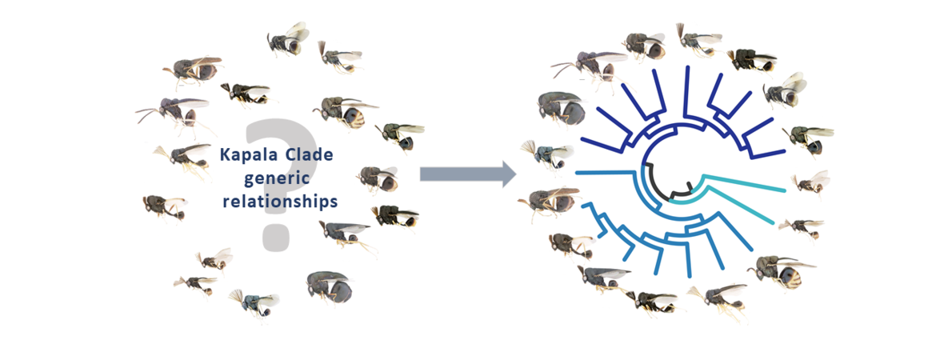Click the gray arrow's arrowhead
pyautogui.click(x=507, y=173)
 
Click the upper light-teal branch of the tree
pyautogui.click(x=744, y=183)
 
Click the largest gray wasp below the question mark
pyautogui.click(x=330, y=288)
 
